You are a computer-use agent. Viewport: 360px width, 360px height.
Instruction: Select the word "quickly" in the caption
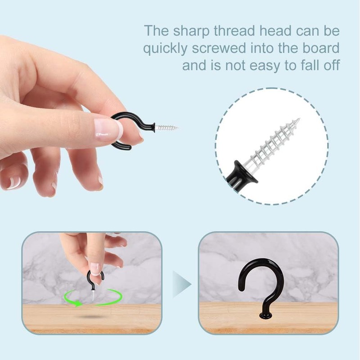[x=165, y=49]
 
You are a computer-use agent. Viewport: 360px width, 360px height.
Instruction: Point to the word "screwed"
[x=219, y=48]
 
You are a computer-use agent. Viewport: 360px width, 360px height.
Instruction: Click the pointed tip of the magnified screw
[x=299, y=118]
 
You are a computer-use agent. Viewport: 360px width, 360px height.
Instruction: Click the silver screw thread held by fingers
[x=166, y=127]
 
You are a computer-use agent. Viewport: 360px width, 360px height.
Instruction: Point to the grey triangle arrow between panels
[x=182, y=284]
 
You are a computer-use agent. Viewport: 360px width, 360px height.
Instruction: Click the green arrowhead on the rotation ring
[x=79, y=303]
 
